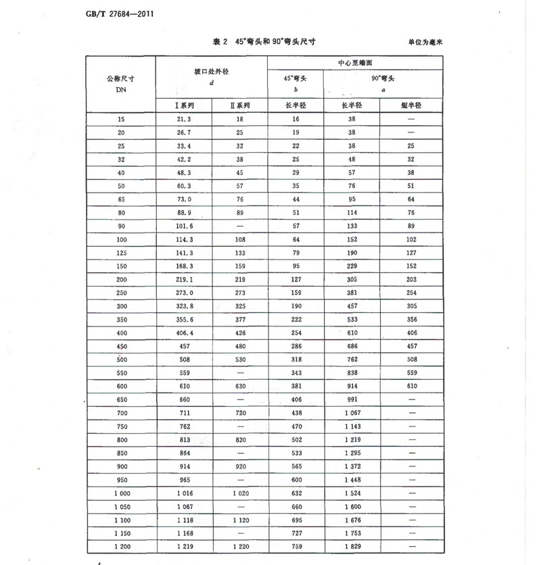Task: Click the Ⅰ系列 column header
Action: coord(185,105)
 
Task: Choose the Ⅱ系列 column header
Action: coord(240,105)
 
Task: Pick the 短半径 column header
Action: coord(411,105)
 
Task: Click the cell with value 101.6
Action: coord(185,226)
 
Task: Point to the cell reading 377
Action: coord(240,320)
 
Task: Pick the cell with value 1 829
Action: coord(352,545)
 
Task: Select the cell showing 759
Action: coord(296,545)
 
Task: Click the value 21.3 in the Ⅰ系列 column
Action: coord(185,120)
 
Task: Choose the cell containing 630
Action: coord(240,386)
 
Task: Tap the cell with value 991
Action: coord(352,399)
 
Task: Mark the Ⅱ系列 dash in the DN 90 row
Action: coord(240,226)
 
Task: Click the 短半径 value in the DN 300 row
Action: coord(411,306)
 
